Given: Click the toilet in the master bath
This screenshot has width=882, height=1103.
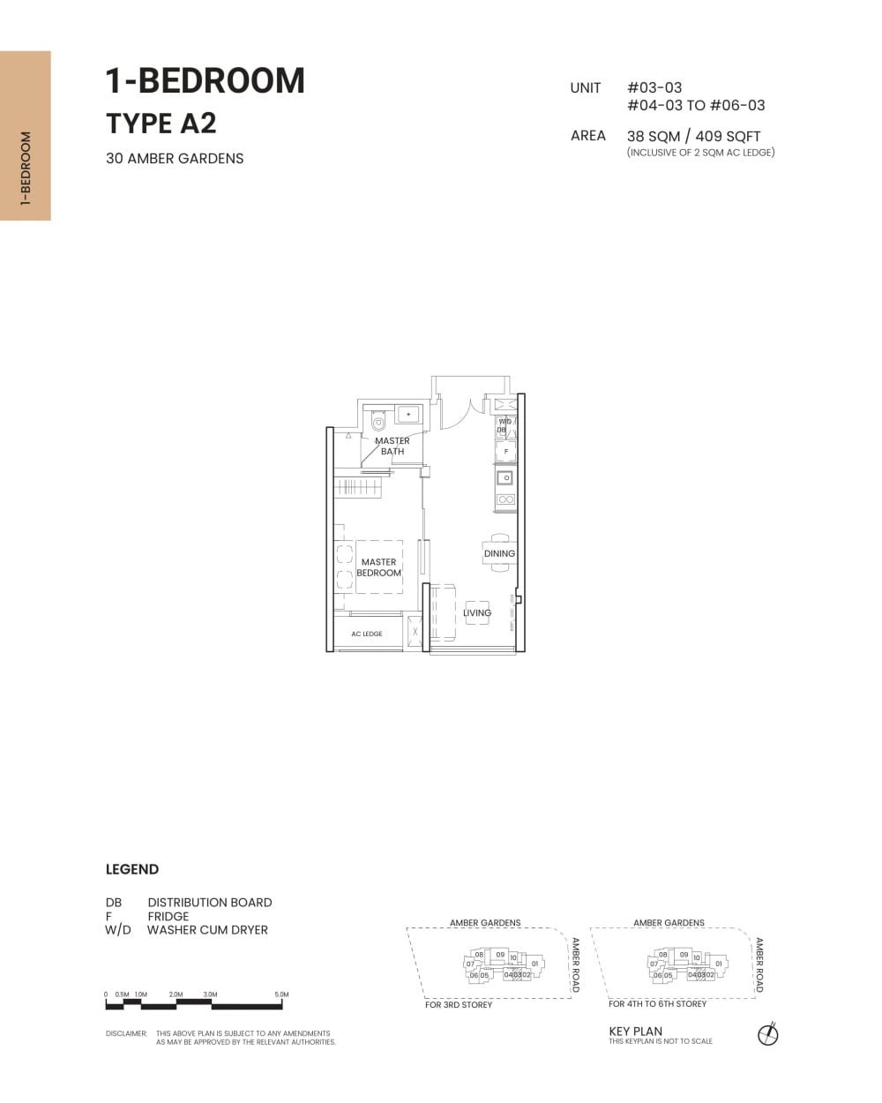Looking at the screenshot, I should tap(379, 419).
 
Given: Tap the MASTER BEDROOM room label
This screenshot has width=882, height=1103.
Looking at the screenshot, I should tap(378, 567).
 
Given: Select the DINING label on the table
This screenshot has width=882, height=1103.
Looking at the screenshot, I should tap(499, 554).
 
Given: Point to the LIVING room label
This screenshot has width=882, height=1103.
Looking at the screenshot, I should tap(477, 612).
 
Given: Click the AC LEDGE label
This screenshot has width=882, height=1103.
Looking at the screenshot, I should tap(367, 634).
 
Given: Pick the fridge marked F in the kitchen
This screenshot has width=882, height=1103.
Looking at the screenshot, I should tap(505, 451).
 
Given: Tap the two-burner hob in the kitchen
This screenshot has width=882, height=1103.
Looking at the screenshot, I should tap(505, 499).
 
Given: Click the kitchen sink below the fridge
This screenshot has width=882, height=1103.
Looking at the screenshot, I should tap(505, 478).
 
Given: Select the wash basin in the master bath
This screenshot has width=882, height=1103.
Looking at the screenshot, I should tap(409, 414).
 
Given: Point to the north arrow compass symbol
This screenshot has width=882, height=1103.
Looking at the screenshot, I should tap(768, 1034).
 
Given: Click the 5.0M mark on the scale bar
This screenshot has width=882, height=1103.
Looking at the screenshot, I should tap(281, 994).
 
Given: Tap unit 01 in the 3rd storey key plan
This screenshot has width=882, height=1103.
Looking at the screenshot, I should tap(534, 964).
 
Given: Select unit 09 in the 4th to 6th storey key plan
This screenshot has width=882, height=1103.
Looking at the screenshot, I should tap(684, 955).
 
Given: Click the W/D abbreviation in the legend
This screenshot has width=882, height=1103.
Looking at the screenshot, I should tap(117, 930).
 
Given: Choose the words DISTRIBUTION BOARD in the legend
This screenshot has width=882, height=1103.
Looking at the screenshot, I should tap(210, 903).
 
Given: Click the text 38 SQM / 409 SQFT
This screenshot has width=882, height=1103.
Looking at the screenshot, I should tap(693, 136).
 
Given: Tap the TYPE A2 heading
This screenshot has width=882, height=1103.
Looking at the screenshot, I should tap(161, 124).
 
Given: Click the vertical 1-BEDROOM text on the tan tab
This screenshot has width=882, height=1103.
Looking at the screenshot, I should tap(25, 169).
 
